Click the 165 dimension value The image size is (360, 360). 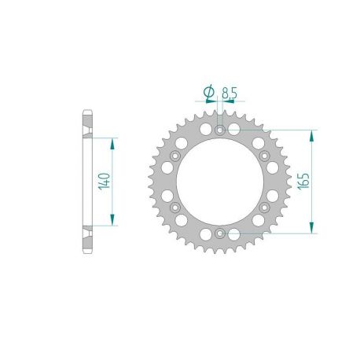(301, 182)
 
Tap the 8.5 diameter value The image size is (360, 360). (230, 93)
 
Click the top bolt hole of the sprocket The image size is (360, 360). (220, 129)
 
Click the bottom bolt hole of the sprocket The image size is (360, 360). (220, 233)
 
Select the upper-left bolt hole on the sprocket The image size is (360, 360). (174, 156)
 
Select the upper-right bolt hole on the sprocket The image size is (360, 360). (265, 156)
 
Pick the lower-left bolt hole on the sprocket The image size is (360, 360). (174, 208)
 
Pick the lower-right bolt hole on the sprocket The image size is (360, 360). (265, 208)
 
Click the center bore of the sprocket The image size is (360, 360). (220, 182)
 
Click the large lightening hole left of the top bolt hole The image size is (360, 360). (205, 127)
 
